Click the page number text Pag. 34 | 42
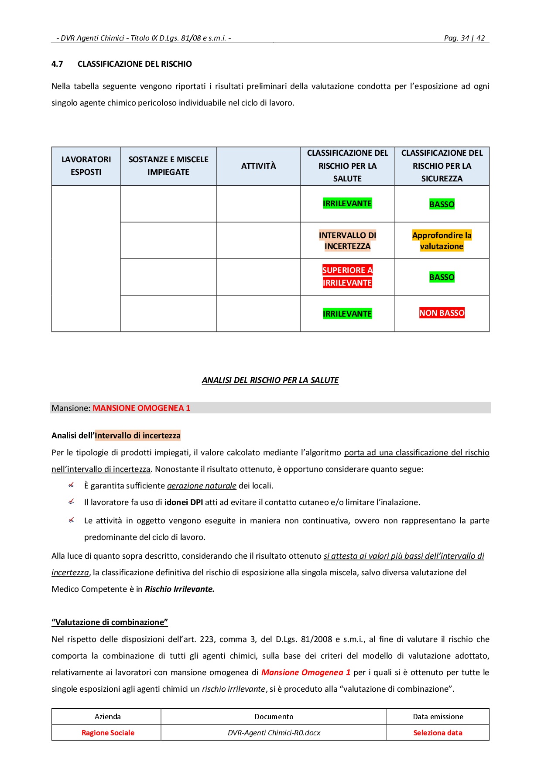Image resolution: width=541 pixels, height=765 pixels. [x=464, y=38]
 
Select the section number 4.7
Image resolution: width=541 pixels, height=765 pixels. [x=57, y=64]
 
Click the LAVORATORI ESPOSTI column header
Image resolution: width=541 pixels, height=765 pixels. [x=86, y=166]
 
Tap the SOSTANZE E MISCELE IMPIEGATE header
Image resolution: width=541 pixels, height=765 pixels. [x=168, y=166]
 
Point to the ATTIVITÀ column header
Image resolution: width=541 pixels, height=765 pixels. [x=258, y=166]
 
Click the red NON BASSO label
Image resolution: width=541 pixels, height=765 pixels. [x=442, y=313]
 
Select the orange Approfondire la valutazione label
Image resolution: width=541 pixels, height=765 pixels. [x=442, y=241]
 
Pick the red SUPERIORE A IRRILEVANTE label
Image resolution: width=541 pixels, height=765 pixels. [x=347, y=277]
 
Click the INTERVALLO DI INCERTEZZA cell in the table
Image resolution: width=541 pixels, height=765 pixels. [x=347, y=241]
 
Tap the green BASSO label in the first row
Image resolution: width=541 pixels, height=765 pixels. [x=442, y=204]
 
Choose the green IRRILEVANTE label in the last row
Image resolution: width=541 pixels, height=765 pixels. [x=347, y=314]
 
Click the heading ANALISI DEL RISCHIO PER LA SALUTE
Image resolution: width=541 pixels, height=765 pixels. [x=270, y=380]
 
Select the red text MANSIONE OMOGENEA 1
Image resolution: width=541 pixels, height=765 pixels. [x=141, y=408]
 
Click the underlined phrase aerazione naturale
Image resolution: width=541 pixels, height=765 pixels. [x=202, y=486]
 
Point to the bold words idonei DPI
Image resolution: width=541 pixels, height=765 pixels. [x=184, y=502]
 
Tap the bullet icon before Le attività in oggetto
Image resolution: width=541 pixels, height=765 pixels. [x=72, y=520]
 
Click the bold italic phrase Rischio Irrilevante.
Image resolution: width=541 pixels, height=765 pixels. [x=179, y=589]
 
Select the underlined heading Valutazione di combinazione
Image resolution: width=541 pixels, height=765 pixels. [x=110, y=622]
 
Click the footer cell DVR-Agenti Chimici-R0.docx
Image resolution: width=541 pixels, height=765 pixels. [x=274, y=733]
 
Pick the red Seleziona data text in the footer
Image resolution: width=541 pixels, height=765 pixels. [x=438, y=733]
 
